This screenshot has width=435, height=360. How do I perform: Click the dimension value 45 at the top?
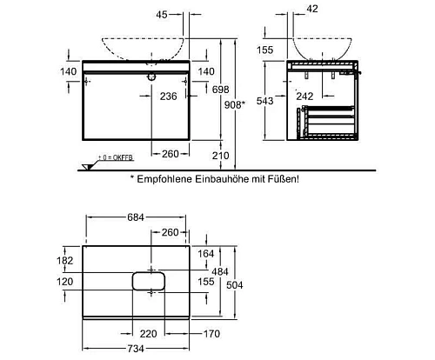click(x=162, y=15)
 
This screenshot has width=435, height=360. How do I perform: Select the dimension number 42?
click(x=312, y=9)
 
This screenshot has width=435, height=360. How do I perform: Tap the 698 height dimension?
click(x=220, y=90)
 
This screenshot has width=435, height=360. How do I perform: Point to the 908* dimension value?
click(x=235, y=104)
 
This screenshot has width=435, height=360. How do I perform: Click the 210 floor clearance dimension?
click(x=220, y=156)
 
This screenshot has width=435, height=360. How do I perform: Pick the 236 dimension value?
click(x=168, y=97)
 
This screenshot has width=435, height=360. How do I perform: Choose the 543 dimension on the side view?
click(x=264, y=101)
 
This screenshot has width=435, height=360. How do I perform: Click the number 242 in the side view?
click(x=304, y=97)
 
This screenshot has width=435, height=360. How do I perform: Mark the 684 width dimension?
click(x=136, y=217)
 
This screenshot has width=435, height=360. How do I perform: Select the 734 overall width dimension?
click(x=136, y=349)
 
